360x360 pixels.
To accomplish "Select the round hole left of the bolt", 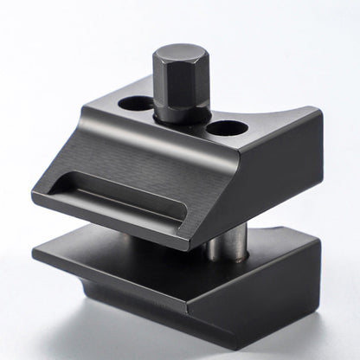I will click(135, 103).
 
